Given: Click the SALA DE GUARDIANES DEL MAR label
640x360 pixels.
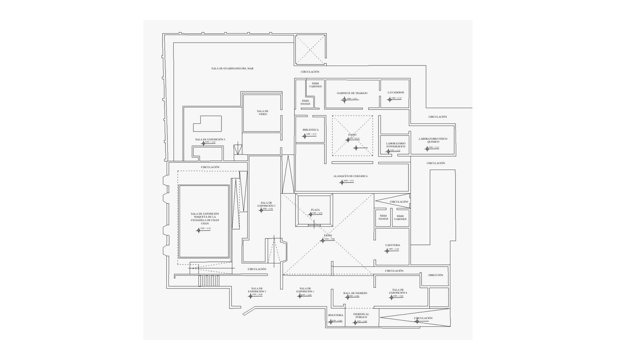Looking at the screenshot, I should coord(232,69).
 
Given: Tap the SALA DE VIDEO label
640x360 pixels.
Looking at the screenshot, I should coord(263,113).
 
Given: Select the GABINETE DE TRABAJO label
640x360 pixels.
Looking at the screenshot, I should coord(352,93).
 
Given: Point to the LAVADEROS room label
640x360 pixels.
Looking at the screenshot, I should coord(396,93).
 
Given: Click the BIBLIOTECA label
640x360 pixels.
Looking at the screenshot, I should coord(310,130).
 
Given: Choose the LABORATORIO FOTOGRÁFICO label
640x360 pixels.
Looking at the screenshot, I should coord(396,145).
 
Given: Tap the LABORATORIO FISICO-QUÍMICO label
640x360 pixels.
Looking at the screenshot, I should coord(433,140).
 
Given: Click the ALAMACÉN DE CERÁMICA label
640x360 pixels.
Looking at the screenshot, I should coord(350,176).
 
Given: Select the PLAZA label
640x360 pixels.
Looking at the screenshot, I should coord(315,210).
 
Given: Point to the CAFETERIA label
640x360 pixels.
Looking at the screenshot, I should coord(393,245).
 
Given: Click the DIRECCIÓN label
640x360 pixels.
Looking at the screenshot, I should coord(436,275).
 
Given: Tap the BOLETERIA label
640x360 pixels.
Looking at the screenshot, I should coord(336,316).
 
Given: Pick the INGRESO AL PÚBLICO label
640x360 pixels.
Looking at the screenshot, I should coord(361,316).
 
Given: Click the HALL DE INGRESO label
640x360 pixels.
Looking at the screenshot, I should coord(355,293).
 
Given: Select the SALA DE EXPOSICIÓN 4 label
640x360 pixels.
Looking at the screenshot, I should coord(398,291).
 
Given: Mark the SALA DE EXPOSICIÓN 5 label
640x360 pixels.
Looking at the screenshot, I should coord(210,140).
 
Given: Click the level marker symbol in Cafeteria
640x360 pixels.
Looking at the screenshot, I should coord(387,251).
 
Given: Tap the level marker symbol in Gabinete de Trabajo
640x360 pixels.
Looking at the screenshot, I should coord(344,100).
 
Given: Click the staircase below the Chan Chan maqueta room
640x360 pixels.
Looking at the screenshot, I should coord(209,281).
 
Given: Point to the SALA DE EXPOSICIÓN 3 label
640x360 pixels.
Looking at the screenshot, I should coord(266,204).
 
